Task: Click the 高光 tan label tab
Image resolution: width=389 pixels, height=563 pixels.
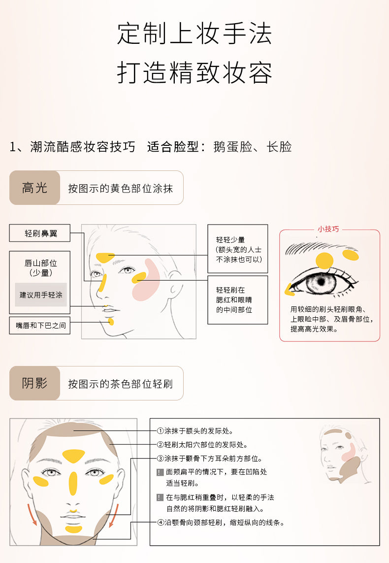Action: click(34, 188)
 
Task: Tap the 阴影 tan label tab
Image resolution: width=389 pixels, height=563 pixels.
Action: click(34, 383)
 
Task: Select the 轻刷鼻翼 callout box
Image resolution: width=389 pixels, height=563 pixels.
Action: click(40, 233)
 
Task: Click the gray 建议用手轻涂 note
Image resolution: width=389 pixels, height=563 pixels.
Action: click(41, 295)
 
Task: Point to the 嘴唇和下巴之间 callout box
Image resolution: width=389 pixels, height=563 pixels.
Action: click(40, 325)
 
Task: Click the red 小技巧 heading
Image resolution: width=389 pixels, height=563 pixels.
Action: click(328, 229)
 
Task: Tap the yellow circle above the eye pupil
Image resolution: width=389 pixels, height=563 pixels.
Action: click(324, 261)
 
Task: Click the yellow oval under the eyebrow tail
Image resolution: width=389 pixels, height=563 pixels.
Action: click(350, 255)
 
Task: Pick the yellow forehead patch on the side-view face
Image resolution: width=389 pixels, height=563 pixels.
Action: click(105, 257)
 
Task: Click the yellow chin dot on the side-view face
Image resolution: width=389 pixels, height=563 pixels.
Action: click(111, 321)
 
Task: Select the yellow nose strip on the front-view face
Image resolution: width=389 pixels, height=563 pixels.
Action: click(73, 483)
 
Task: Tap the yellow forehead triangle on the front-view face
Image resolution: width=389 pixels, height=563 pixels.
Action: click(73, 455)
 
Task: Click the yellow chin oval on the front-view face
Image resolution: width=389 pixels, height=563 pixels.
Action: click(73, 529)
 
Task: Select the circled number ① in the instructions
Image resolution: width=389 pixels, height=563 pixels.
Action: click(161, 431)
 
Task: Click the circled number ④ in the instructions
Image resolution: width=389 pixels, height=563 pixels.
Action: click(161, 523)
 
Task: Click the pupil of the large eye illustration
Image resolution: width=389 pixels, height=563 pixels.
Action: click(321, 281)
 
